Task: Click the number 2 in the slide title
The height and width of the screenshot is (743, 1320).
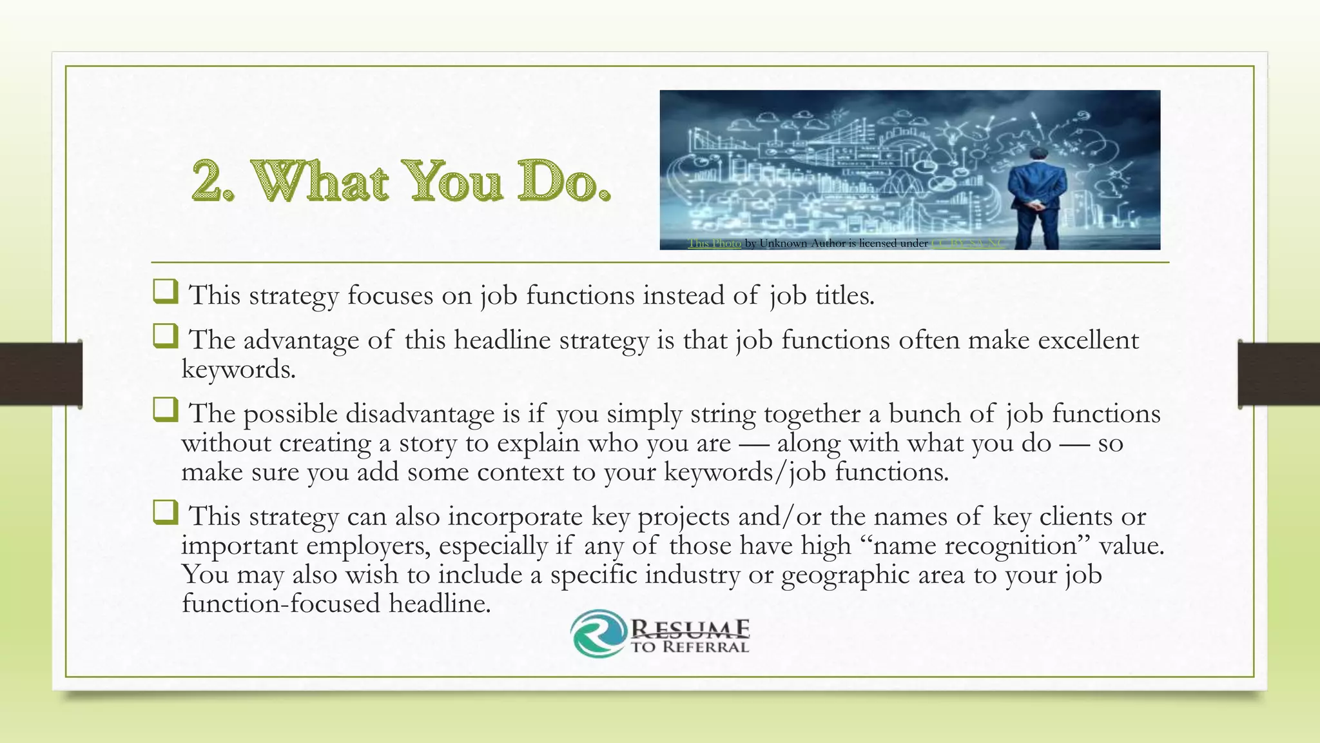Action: click(x=211, y=181)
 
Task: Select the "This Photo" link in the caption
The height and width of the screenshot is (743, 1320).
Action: click(x=714, y=243)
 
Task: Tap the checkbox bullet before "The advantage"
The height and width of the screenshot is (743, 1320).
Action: click(x=165, y=336)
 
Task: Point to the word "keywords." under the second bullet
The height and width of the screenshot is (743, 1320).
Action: click(x=238, y=370)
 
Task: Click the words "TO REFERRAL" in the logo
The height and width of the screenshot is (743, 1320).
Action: click(x=689, y=647)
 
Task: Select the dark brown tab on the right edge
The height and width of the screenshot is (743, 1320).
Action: click(x=1279, y=374)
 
